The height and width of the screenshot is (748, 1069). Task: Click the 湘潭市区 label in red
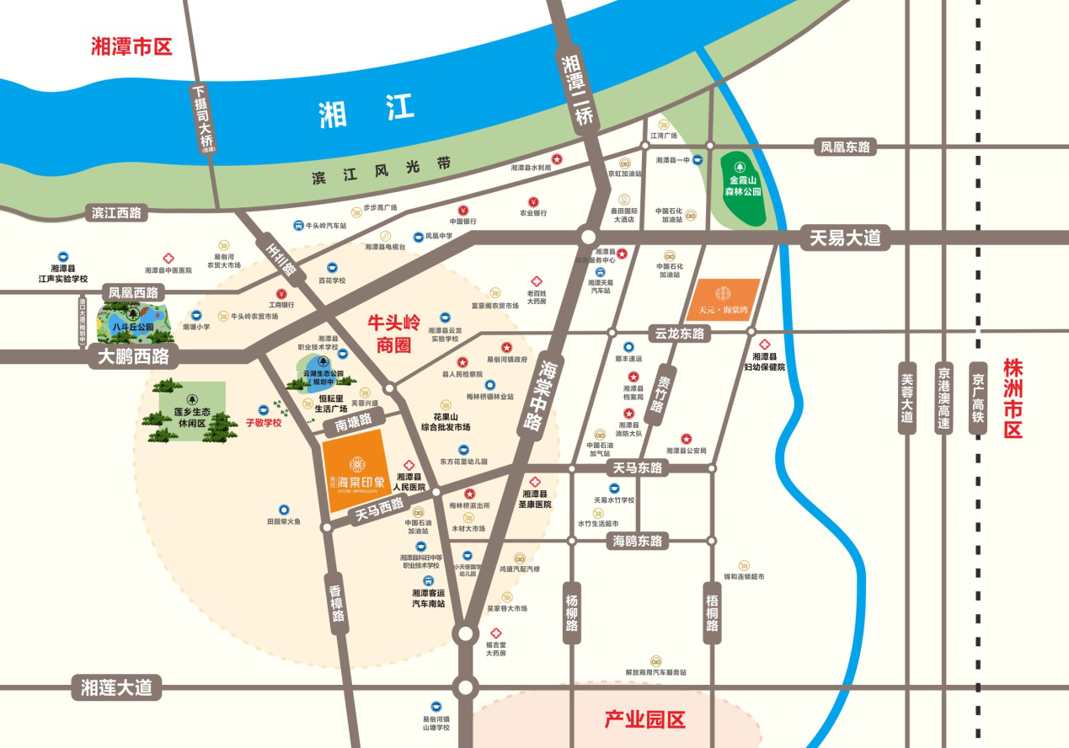click(x=131, y=45)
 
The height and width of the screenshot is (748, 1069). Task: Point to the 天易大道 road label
click(x=844, y=238)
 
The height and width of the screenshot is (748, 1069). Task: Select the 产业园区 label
click(x=645, y=719)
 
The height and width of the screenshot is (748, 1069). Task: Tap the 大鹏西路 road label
click(x=134, y=356)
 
